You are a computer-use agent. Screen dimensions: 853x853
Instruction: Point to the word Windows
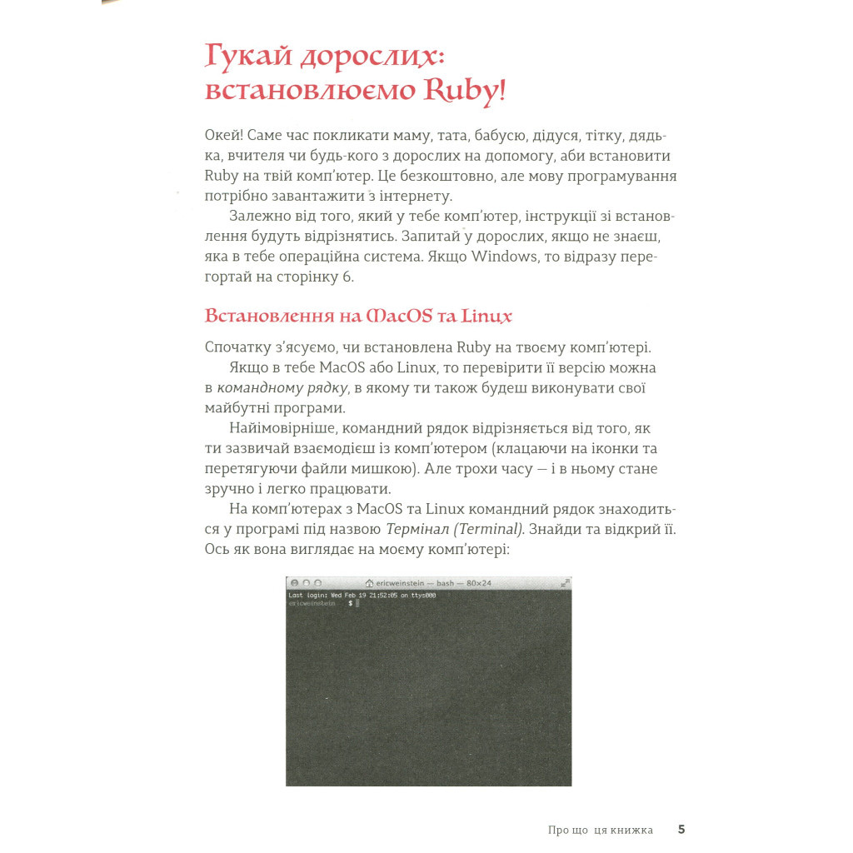click(505, 257)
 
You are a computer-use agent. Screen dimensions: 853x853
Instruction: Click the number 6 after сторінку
click(349, 277)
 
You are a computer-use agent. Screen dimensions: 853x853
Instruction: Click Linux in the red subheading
click(486, 317)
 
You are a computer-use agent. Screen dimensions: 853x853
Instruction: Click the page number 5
click(681, 829)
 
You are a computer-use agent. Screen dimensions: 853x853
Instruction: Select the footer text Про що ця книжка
click(600, 830)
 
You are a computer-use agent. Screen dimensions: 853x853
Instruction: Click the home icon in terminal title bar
click(369, 583)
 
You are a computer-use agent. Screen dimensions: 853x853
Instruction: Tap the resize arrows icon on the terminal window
click(565, 583)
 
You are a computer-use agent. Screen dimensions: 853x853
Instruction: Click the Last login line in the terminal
click(362, 596)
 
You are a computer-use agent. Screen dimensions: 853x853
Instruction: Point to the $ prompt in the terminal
click(350, 603)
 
